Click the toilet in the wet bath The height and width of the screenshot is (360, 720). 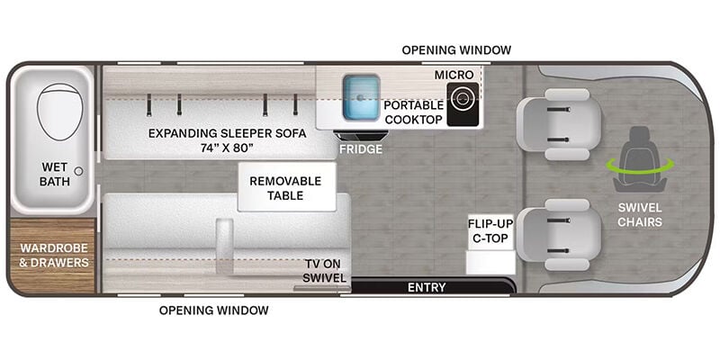(59, 112)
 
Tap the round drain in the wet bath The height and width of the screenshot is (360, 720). (78, 171)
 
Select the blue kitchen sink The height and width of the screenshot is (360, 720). (361, 96)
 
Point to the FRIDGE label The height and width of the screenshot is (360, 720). (361, 149)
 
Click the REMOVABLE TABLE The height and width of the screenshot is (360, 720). (286, 187)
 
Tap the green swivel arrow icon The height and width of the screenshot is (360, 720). (640, 164)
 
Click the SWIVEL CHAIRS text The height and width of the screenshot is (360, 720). (640, 215)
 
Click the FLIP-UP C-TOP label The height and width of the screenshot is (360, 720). (490, 231)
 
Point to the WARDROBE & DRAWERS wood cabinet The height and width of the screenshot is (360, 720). (53, 256)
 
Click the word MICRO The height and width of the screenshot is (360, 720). (454, 75)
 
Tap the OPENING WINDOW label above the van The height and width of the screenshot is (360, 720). (456, 50)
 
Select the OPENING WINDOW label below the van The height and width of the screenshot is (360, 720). (214, 310)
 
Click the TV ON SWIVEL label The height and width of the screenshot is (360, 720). (326, 271)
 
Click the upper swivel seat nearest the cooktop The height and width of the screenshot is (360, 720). (559, 124)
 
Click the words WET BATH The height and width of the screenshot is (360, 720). (55, 174)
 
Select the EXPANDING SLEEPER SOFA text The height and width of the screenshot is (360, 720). (228, 133)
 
